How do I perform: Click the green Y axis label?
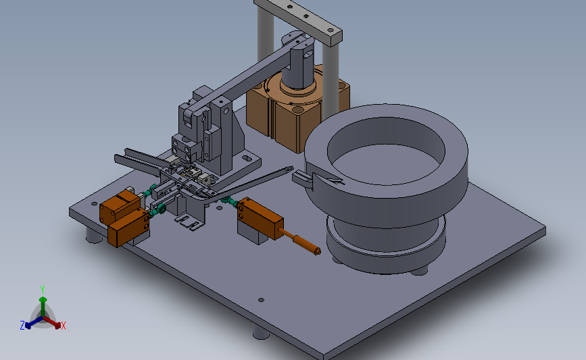click(43, 290)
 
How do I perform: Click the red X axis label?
click(63, 326)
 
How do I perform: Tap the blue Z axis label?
click(22, 326)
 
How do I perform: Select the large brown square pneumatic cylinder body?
click(295, 112)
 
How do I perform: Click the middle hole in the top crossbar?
click(306, 16)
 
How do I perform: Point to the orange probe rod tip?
click(317, 251)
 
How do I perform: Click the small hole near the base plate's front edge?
click(262, 300)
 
